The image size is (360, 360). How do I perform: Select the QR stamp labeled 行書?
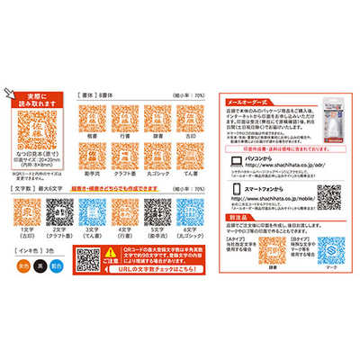click(x=124, y=116)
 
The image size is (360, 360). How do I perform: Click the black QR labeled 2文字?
click(x=57, y=213)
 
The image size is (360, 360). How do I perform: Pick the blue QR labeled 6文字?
click(x=191, y=213)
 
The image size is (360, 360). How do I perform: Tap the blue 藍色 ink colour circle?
click(x=58, y=266)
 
